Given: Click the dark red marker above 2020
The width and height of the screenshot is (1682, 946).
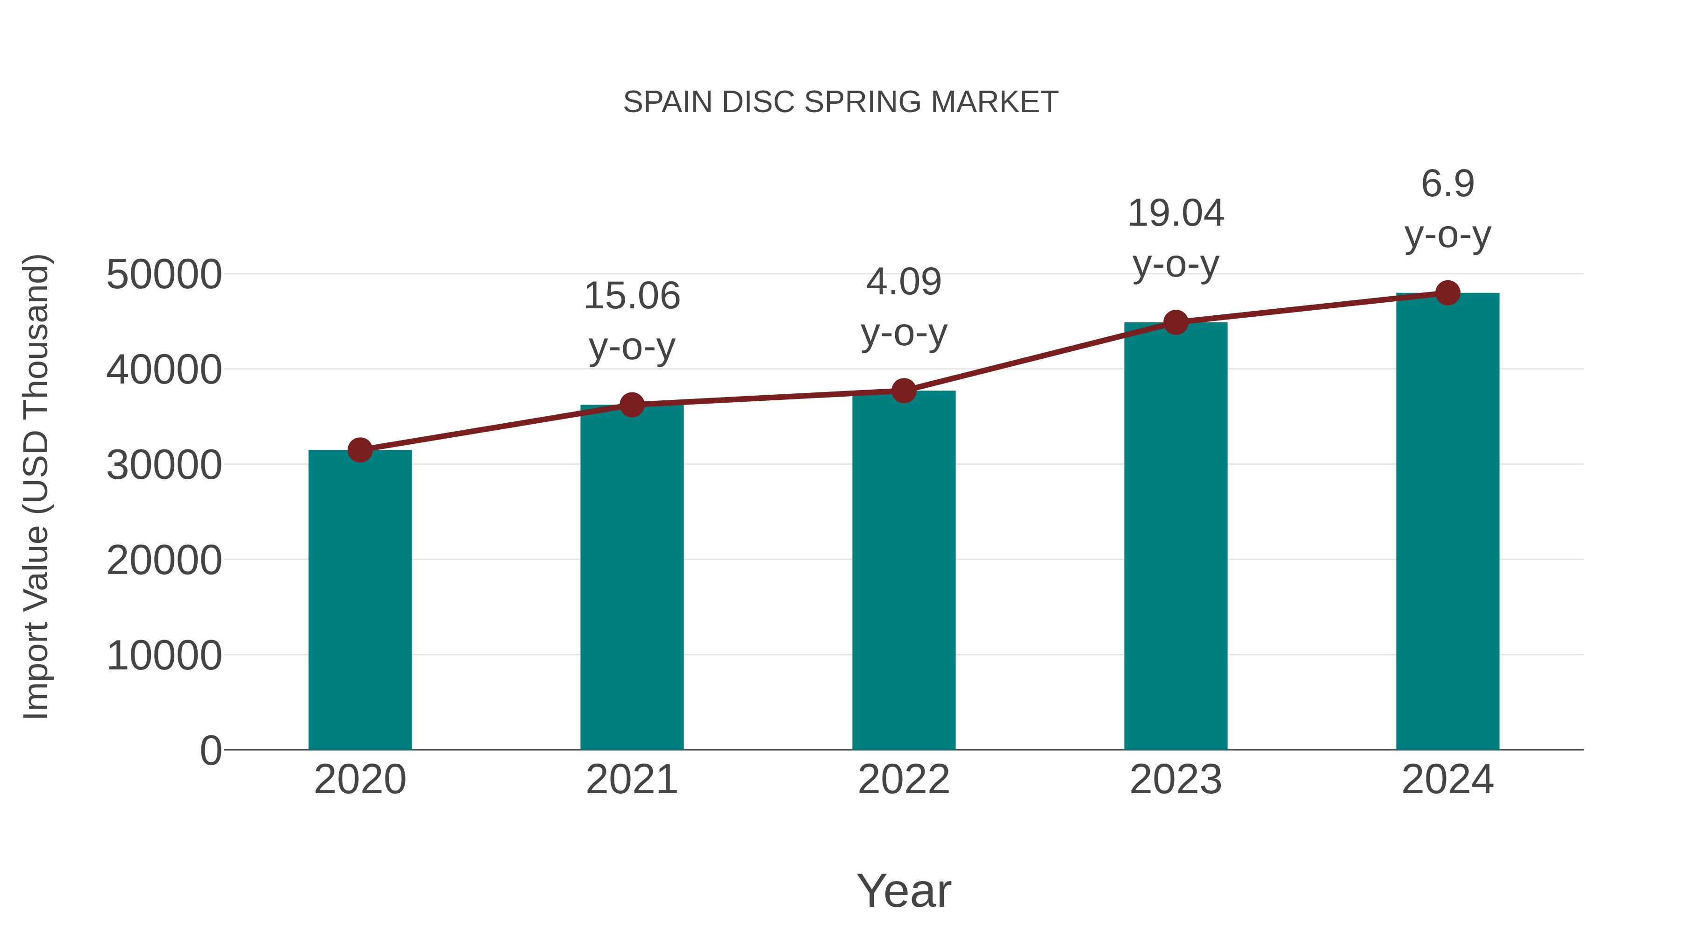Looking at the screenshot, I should click(360, 450).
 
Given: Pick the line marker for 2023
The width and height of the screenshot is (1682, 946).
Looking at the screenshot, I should click(1176, 322).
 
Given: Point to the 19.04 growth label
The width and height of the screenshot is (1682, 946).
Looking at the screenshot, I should click(1176, 213).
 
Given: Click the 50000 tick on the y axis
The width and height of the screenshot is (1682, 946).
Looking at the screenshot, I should click(164, 274).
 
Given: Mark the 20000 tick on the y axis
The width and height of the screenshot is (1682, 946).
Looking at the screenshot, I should click(164, 560).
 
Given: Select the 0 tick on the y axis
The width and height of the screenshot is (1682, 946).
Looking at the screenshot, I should click(210, 750).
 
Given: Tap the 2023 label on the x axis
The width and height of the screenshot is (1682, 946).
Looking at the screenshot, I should click(1176, 780).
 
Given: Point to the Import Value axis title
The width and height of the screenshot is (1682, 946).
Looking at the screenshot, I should click(36, 486).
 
